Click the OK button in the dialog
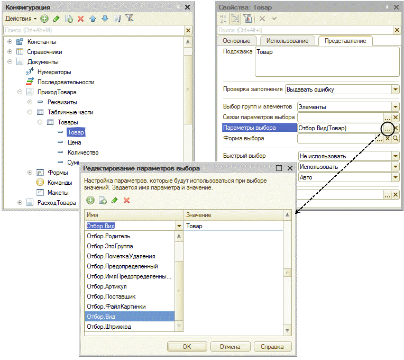187,347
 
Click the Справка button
272,347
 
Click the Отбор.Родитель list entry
108,236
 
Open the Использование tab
287,41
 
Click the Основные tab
236,41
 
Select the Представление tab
345,41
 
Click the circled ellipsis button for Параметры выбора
388,128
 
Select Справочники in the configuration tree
44,52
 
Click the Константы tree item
42,42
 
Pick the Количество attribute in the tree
84,152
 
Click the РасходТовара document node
56,202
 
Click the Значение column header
199,215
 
